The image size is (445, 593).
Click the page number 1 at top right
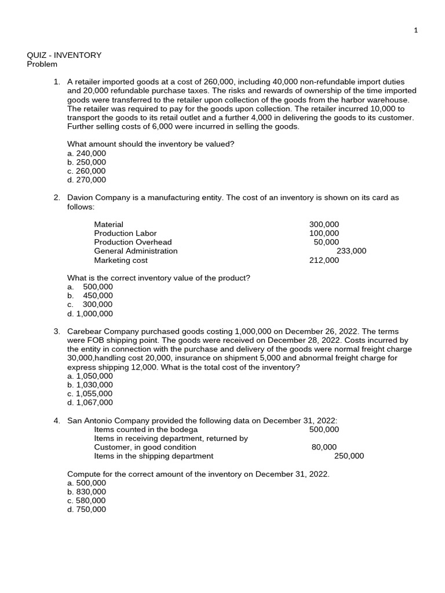(x=415, y=31)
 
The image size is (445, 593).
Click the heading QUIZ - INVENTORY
(x=64, y=55)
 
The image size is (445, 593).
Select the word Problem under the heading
(x=42, y=64)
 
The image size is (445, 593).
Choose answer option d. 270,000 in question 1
(x=87, y=180)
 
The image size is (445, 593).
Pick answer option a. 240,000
(x=87, y=153)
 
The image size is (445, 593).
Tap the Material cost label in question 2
(x=108, y=224)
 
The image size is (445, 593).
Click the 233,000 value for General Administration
(x=351, y=251)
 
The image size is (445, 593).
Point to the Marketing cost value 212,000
(x=324, y=260)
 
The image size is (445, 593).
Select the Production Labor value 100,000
(x=324, y=233)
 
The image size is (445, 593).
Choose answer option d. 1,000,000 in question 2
(x=90, y=313)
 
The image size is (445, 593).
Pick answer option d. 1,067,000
(x=90, y=402)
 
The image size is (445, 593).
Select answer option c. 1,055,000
(x=90, y=393)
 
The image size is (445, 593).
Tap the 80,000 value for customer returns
(x=324, y=446)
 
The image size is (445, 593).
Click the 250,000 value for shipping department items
(x=349, y=456)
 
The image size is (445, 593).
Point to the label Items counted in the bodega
(x=145, y=429)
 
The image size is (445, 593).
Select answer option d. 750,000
(x=87, y=509)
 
